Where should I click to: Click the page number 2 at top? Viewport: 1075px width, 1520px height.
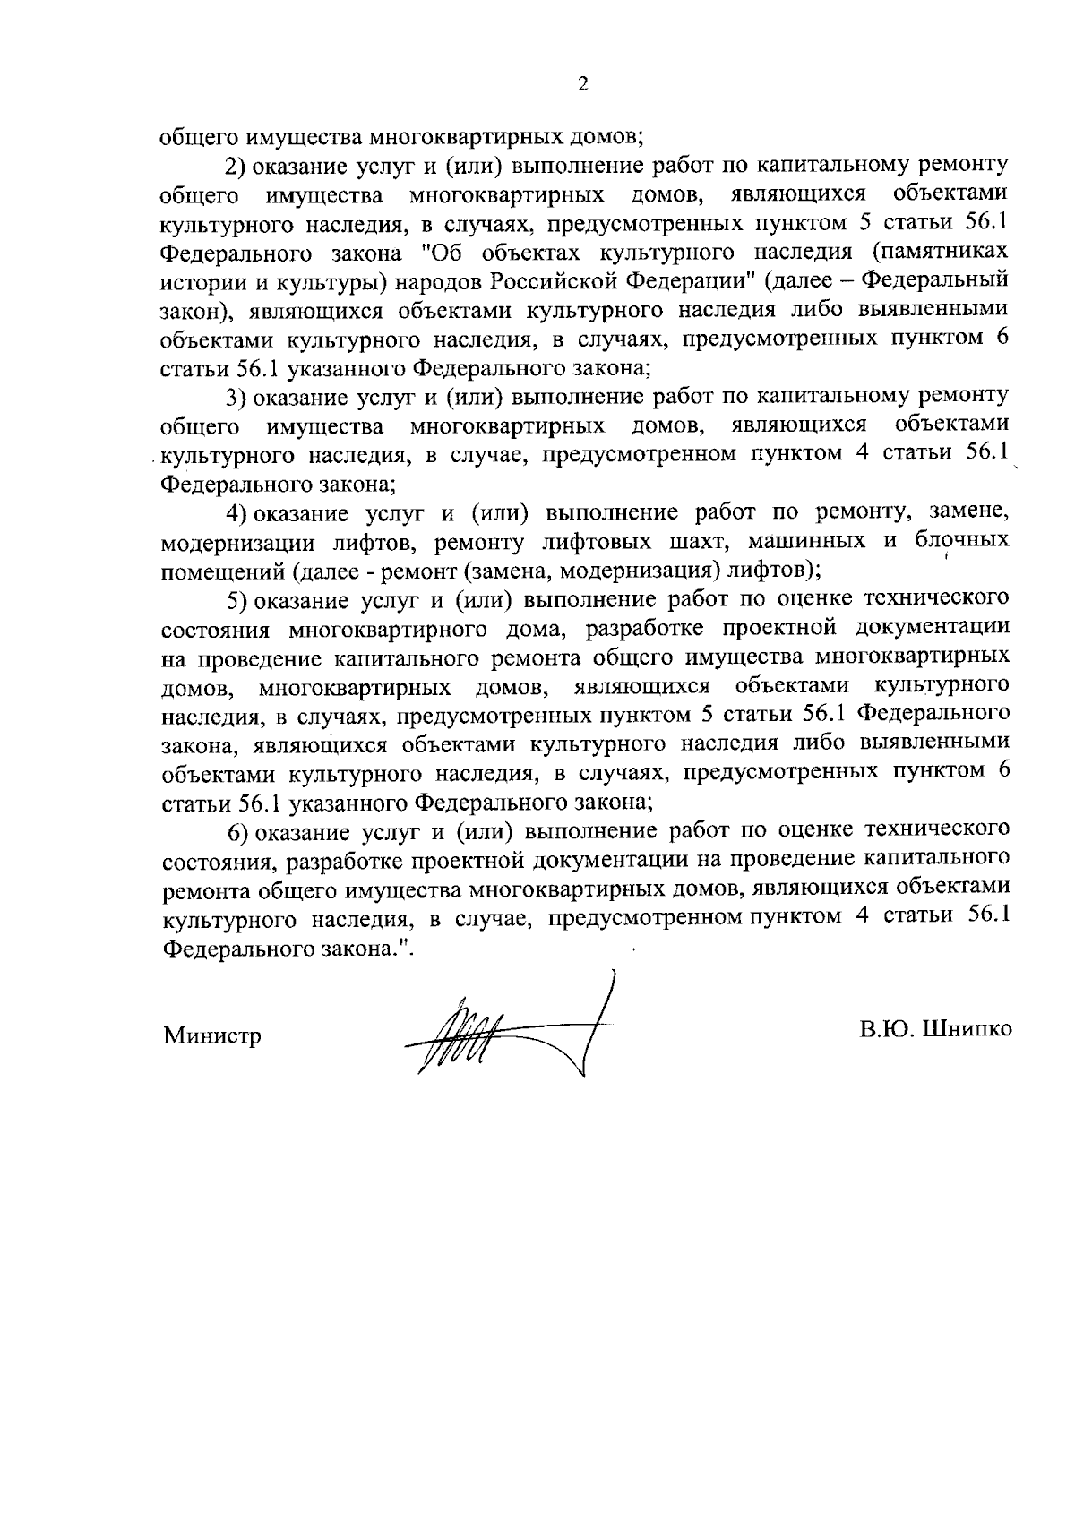coord(583,84)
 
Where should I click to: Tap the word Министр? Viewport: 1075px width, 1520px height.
coord(212,1037)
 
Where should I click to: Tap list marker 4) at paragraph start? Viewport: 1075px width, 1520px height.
coord(236,513)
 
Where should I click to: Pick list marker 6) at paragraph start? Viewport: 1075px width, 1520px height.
coord(236,832)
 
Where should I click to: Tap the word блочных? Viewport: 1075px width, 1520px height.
coord(962,541)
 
